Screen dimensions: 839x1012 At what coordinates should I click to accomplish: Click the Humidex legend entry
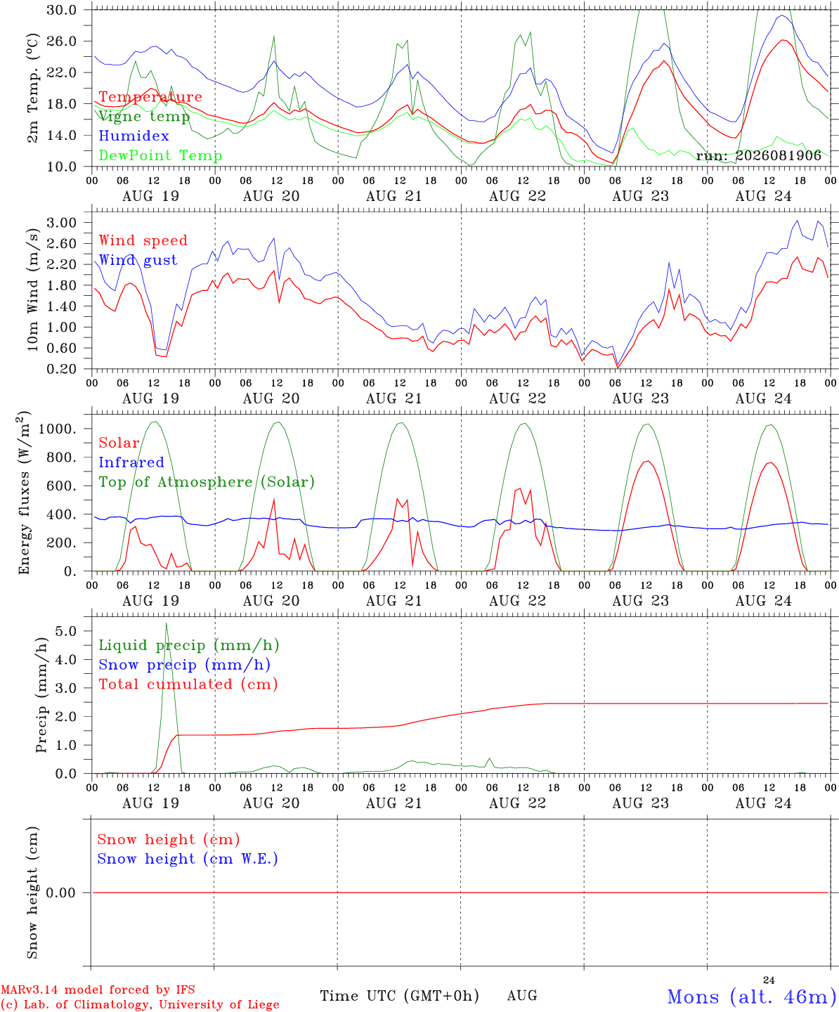pyautogui.click(x=134, y=136)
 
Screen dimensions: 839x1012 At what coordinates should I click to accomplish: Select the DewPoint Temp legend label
pyautogui.click(x=160, y=155)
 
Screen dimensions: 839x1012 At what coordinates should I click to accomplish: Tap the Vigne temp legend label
pyautogui.click(x=144, y=117)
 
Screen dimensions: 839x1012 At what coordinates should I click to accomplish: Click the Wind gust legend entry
pyautogui.click(x=138, y=260)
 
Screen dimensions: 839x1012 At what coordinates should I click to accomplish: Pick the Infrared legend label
pyautogui.click(x=131, y=462)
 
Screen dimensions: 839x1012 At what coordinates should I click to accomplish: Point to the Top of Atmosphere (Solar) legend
pyautogui.click(x=207, y=482)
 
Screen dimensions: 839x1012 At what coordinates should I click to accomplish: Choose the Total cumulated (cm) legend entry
pyautogui.click(x=188, y=684)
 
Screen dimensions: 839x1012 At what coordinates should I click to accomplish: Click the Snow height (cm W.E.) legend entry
pyautogui.click(x=187, y=858)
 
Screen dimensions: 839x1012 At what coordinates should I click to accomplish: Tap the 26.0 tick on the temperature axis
pyautogui.click(x=62, y=41)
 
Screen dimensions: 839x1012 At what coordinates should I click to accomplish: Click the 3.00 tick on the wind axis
pyautogui.click(x=62, y=223)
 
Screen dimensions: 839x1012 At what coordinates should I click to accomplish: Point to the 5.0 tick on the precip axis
pyautogui.click(x=66, y=631)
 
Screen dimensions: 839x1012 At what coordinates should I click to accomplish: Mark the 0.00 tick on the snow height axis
pyautogui.click(x=61, y=893)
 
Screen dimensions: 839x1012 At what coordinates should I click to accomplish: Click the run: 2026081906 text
pyautogui.click(x=758, y=155)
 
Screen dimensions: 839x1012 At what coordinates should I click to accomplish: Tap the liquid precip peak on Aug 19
pyautogui.click(x=167, y=623)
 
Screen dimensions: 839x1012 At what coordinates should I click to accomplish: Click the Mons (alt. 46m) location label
pyautogui.click(x=752, y=996)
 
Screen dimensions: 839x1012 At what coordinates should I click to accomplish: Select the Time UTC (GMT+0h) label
pyautogui.click(x=399, y=996)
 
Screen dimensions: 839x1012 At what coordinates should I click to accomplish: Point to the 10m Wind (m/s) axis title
pyautogui.click(x=32, y=289)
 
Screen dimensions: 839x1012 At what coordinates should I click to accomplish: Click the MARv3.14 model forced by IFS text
pyautogui.click(x=98, y=990)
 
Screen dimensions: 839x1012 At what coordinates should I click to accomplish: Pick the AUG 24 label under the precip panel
pyautogui.click(x=763, y=803)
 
